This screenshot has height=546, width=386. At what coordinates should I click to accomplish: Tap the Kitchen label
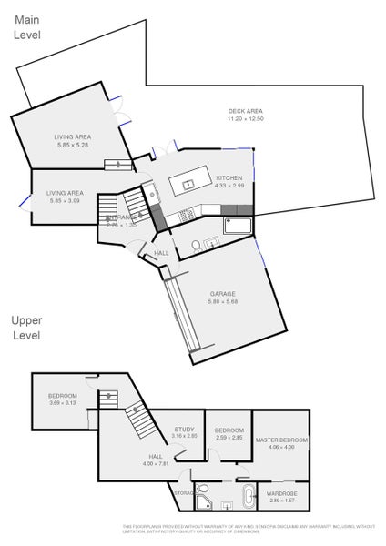pos(229,177)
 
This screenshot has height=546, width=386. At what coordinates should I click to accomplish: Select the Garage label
pos(223,293)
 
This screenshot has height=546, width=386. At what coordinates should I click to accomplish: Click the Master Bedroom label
pos(281,440)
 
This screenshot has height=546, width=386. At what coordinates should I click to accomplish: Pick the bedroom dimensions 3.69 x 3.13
pos(63,403)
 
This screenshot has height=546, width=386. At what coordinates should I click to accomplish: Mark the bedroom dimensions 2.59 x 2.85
pos(229,437)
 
